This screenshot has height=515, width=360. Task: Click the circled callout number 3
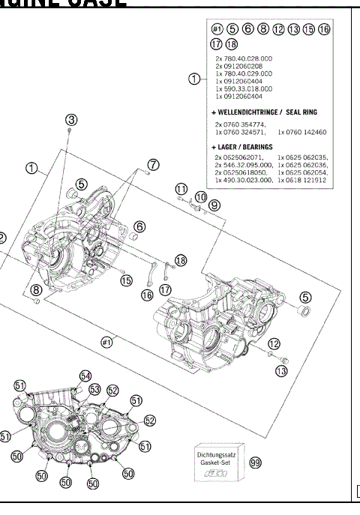point(71,120)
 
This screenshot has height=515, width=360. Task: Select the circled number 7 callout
point(153,164)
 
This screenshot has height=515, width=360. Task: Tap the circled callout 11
point(181,187)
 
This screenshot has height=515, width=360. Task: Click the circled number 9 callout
point(214,205)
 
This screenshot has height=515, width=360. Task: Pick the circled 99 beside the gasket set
point(255,463)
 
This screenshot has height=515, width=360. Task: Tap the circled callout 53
point(94,389)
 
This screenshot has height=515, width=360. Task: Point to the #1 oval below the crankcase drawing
point(106,342)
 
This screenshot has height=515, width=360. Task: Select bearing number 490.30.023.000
point(244,181)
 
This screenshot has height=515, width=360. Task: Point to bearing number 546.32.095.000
point(244,165)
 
